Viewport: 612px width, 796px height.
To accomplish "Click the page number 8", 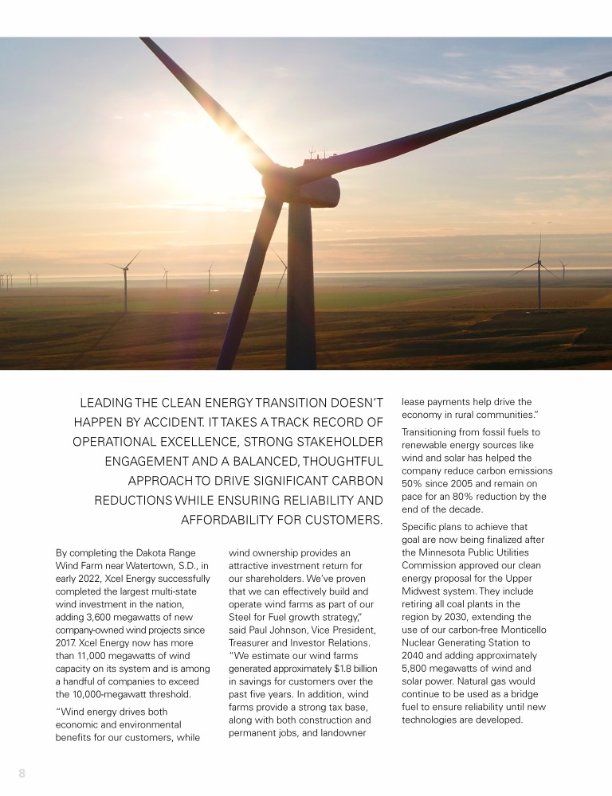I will (22, 773).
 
